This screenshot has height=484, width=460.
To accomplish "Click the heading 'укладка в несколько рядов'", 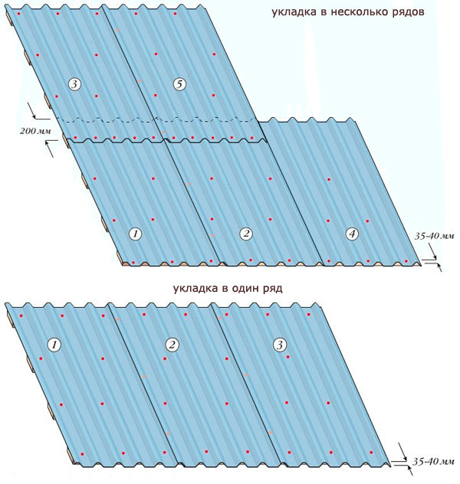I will pyautogui.click(x=347, y=14).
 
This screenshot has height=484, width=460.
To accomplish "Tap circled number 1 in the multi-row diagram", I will pyautogui.click(x=135, y=234).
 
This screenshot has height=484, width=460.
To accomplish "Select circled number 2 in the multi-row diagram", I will pyautogui.click(x=246, y=234).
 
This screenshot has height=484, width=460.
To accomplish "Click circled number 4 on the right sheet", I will pyautogui.click(x=352, y=234).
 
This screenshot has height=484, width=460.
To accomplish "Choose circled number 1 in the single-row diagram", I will pyautogui.click(x=54, y=345).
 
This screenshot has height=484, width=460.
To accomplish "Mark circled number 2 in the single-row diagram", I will pyautogui.click(x=172, y=345).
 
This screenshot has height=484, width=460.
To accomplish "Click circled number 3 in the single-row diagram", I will pyautogui.click(x=279, y=345).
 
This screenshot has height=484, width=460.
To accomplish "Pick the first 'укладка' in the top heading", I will pyautogui.click(x=292, y=14).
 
